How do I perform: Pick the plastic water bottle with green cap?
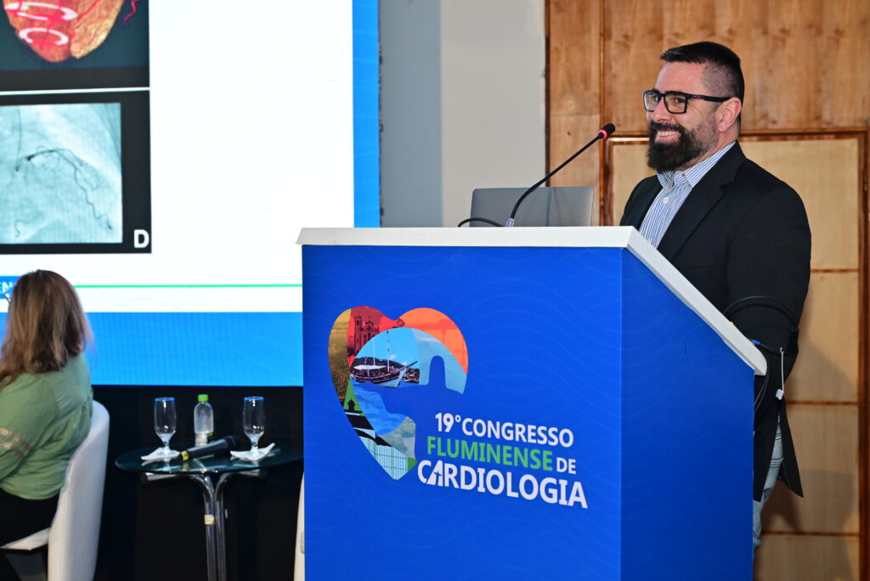(204, 420)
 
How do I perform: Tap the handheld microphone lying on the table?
(211, 448)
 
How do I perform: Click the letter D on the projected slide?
(142, 240)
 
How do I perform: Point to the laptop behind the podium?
(531, 206)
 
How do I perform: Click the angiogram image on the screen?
(61, 173)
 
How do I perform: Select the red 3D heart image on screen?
(65, 28)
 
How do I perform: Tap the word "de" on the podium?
(567, 465)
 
